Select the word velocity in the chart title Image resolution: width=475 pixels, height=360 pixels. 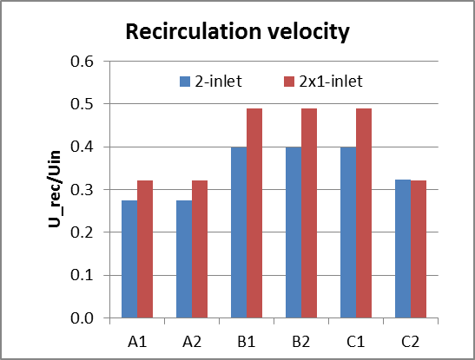(x=302, y=33)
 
